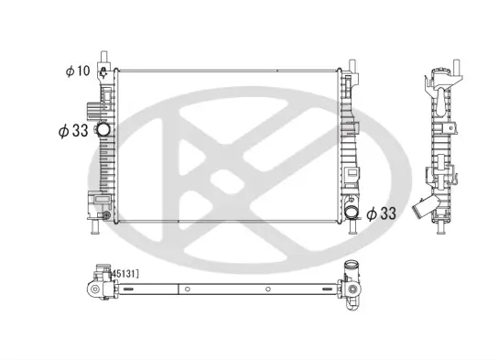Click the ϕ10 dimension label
coord(77,71)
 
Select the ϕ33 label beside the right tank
coord(381,213)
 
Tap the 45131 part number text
coord(124,272)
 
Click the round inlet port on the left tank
coord(103,131)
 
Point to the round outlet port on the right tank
coord(352,214)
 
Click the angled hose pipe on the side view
coord(424,208)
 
